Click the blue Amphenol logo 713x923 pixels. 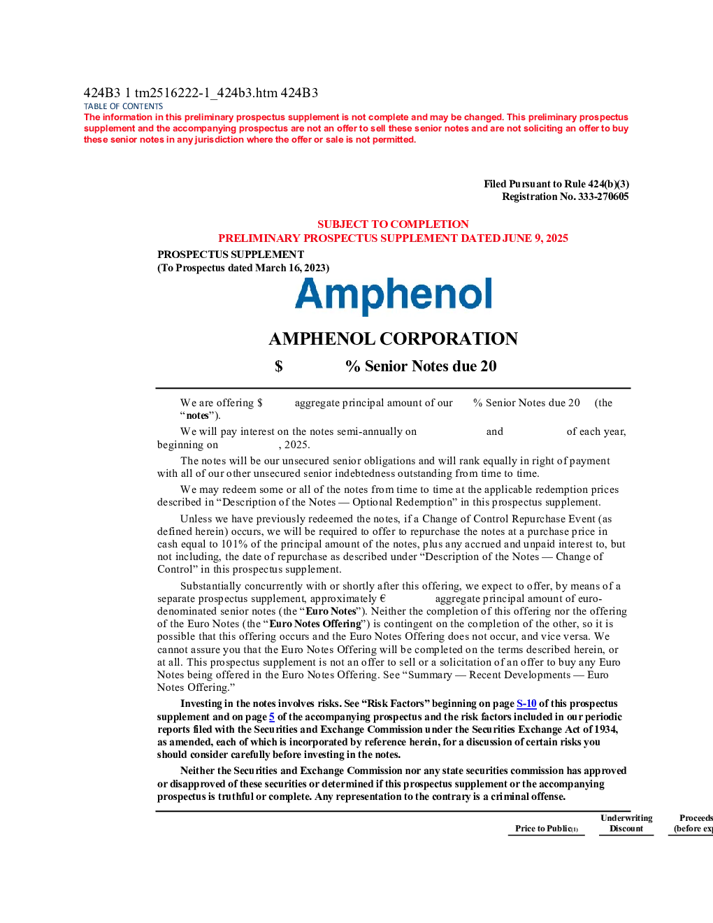click(394, 296)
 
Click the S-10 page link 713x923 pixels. click(526, 704)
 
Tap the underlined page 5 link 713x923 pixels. click(272, 717)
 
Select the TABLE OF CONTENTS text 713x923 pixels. click(123, 106)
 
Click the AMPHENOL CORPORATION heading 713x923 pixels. click(394, 339)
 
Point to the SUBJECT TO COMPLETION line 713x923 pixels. click(393, 224)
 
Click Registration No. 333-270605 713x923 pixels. click(566, 196)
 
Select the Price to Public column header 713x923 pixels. click(547, 829)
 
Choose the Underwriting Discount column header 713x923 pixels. click(626, 823)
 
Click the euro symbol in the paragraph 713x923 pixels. click(382, 599)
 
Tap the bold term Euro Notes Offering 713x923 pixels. click(315, 624)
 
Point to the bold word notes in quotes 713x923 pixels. click(197, 415)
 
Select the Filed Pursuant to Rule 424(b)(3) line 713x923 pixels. click(556, 184)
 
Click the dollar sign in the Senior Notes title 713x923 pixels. click(279, 366)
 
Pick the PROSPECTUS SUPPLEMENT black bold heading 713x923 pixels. click(231, 255)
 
